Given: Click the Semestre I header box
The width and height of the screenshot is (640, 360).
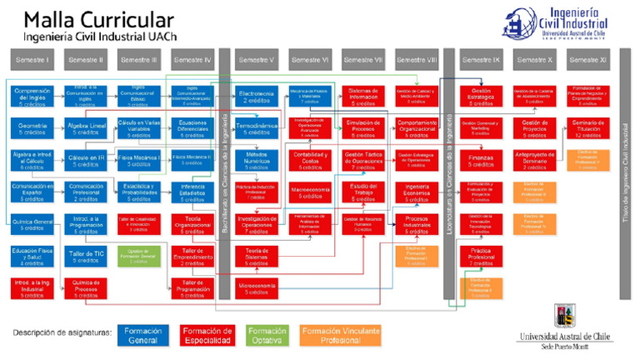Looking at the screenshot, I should (x=32, y=61).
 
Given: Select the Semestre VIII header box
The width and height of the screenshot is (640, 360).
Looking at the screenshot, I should (x=416, y=61).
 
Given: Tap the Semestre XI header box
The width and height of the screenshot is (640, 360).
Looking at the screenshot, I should (x=591, y=61).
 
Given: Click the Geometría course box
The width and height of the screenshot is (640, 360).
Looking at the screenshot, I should (x=32, y=128).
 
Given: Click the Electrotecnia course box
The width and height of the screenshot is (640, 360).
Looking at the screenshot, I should (x=256, y=97).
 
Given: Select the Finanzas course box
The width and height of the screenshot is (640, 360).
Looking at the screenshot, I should (x=481, y=160).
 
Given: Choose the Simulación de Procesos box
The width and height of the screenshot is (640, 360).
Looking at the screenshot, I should (x=362, y=128).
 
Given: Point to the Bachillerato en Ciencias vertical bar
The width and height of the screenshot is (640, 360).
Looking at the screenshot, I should (x=223, y=175).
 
